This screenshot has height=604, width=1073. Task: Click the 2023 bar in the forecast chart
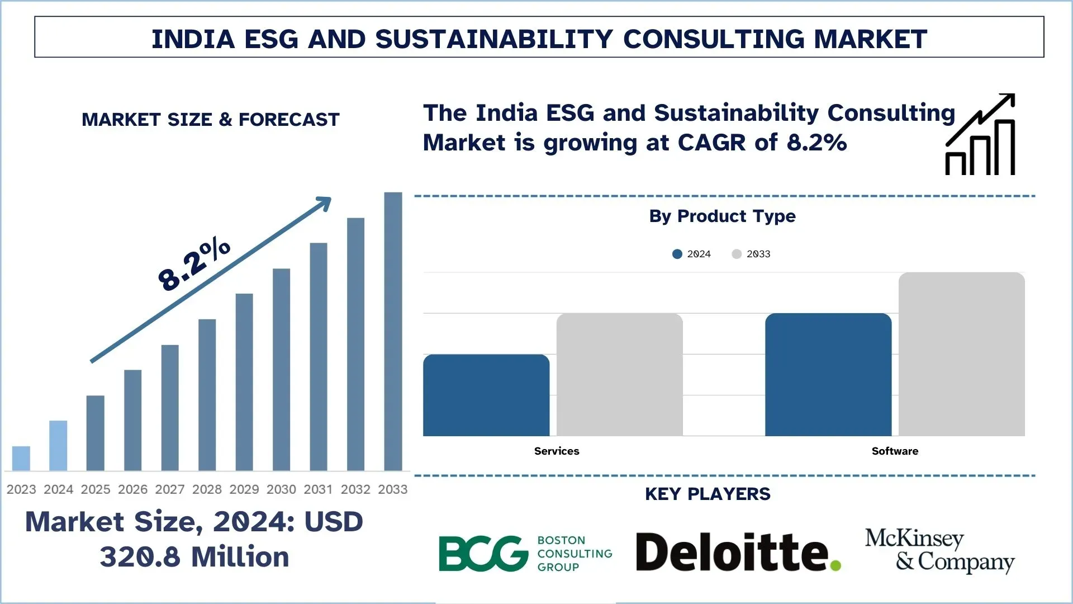tap(21, 458)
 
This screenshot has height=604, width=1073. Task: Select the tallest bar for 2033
tap(393, 331)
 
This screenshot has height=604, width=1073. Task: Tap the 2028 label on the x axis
tap(207, 489)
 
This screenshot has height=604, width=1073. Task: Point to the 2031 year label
tap(318, 489)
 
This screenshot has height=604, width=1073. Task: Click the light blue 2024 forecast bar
tap(58, 445)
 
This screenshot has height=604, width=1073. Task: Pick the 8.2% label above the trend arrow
tap(194, 264)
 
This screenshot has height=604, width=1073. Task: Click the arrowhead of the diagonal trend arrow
tap(324, 202)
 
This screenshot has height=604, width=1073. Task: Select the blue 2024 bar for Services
tap(486, 395)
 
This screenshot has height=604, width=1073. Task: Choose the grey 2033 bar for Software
tap(961, 353)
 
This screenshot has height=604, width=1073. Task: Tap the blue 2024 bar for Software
tap(828, 374)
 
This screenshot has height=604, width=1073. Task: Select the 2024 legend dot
tap(677, 254)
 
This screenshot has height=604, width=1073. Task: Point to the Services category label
tap(557, 451)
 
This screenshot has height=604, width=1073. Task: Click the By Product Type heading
tap(722, 216)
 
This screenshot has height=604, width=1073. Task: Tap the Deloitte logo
tap(738, 553)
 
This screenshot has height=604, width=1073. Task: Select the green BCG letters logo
tap(483, 554)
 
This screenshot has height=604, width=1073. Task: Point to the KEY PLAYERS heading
tap(708, 494)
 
